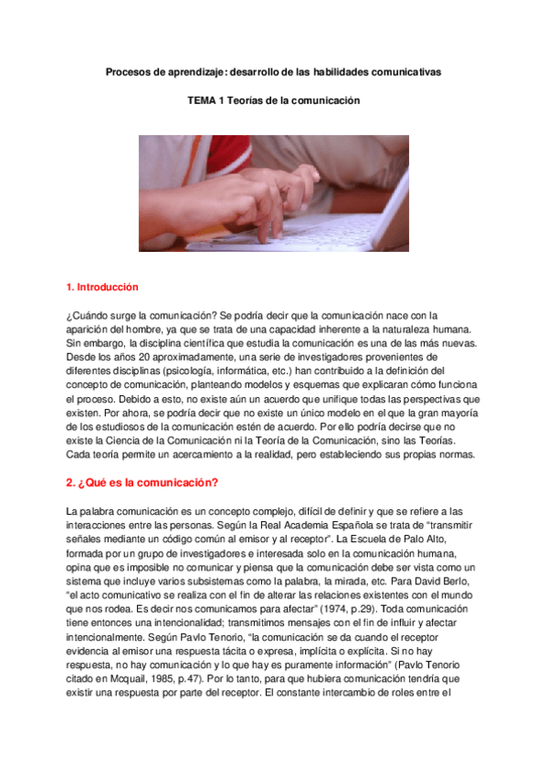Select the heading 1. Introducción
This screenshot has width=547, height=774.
coord(102,287)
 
